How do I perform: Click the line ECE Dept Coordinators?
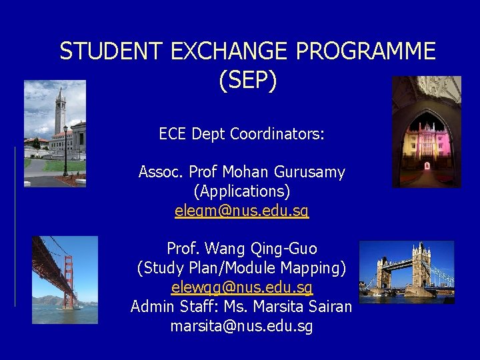click(x=241, y=134)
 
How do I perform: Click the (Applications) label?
click(x=241, y=191)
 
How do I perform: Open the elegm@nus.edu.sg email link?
click(x=241, y=211)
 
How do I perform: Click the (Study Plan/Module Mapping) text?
click(x=241, y=268)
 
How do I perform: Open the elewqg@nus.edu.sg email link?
click(x=241, y=288)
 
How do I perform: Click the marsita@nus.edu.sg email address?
click(x=241, y=327)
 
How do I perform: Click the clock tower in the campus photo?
click(x=60, y=113)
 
